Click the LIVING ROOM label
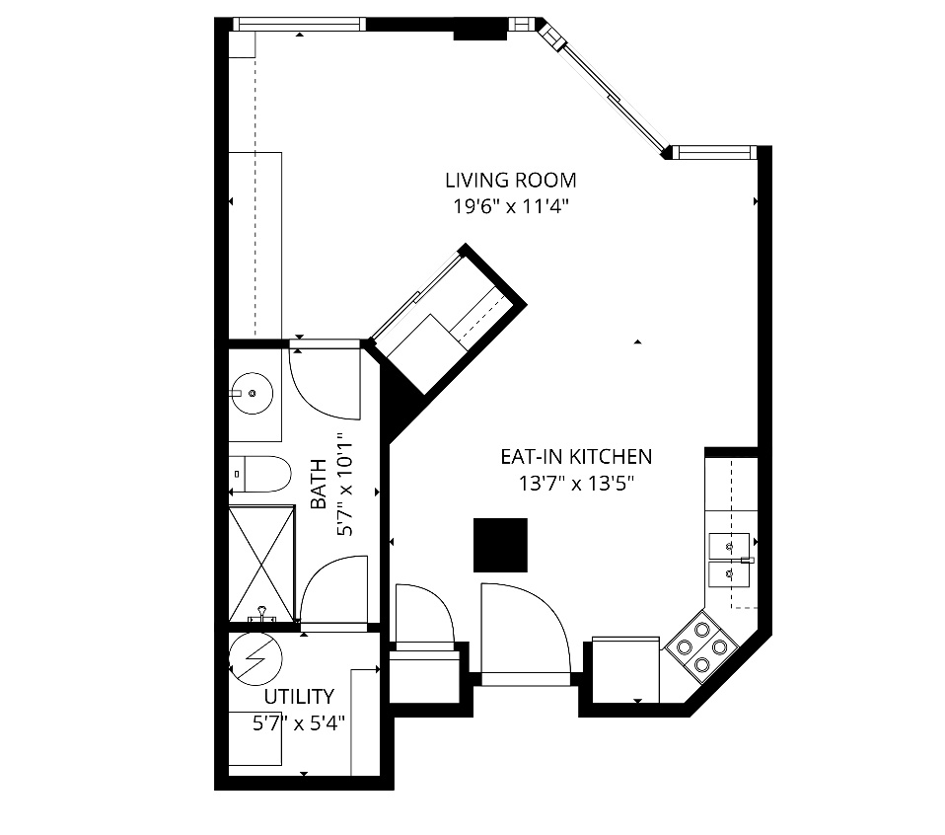tap(510, 181)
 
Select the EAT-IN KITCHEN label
tap(576, 457)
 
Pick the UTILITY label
tap(298, 697)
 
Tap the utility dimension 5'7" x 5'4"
tap(298, 723)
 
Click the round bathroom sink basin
tap(254, 394)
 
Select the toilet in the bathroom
tap(260, 475)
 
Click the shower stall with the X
tap(261, 563)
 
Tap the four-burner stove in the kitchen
tap(702, 646)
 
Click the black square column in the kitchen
tap(500, 545)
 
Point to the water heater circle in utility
tap(254, 658)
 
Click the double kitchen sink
tap(729, 558)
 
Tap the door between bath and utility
tap(333, 592)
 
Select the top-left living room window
tap(300, 24)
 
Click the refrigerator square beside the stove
tap(625, 669)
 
